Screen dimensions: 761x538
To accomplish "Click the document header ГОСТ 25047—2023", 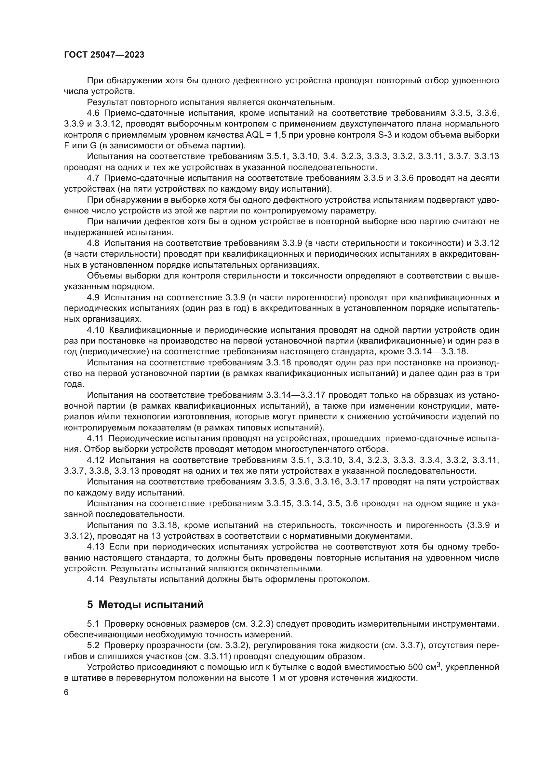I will (x=104, y=55).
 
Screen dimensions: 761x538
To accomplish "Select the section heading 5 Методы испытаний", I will (x=145, y=605).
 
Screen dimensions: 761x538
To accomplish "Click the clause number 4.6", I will (x=93, y=113).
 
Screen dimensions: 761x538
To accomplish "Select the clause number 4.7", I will (x=93, y=178).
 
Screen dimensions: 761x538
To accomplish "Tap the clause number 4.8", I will (x=93, y=243).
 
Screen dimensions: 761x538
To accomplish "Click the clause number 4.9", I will (x=93, y=297).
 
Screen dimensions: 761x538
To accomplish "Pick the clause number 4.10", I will (x=95, y=330).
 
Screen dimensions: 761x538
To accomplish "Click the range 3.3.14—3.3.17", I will (x=296, y=395).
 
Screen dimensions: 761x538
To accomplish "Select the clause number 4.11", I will (x=95, y=439).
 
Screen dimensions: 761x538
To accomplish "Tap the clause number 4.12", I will (x=95, y=460).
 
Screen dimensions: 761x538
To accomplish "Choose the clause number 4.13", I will (x=95, y=547).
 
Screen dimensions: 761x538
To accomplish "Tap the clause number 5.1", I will (x=93, y=624).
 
